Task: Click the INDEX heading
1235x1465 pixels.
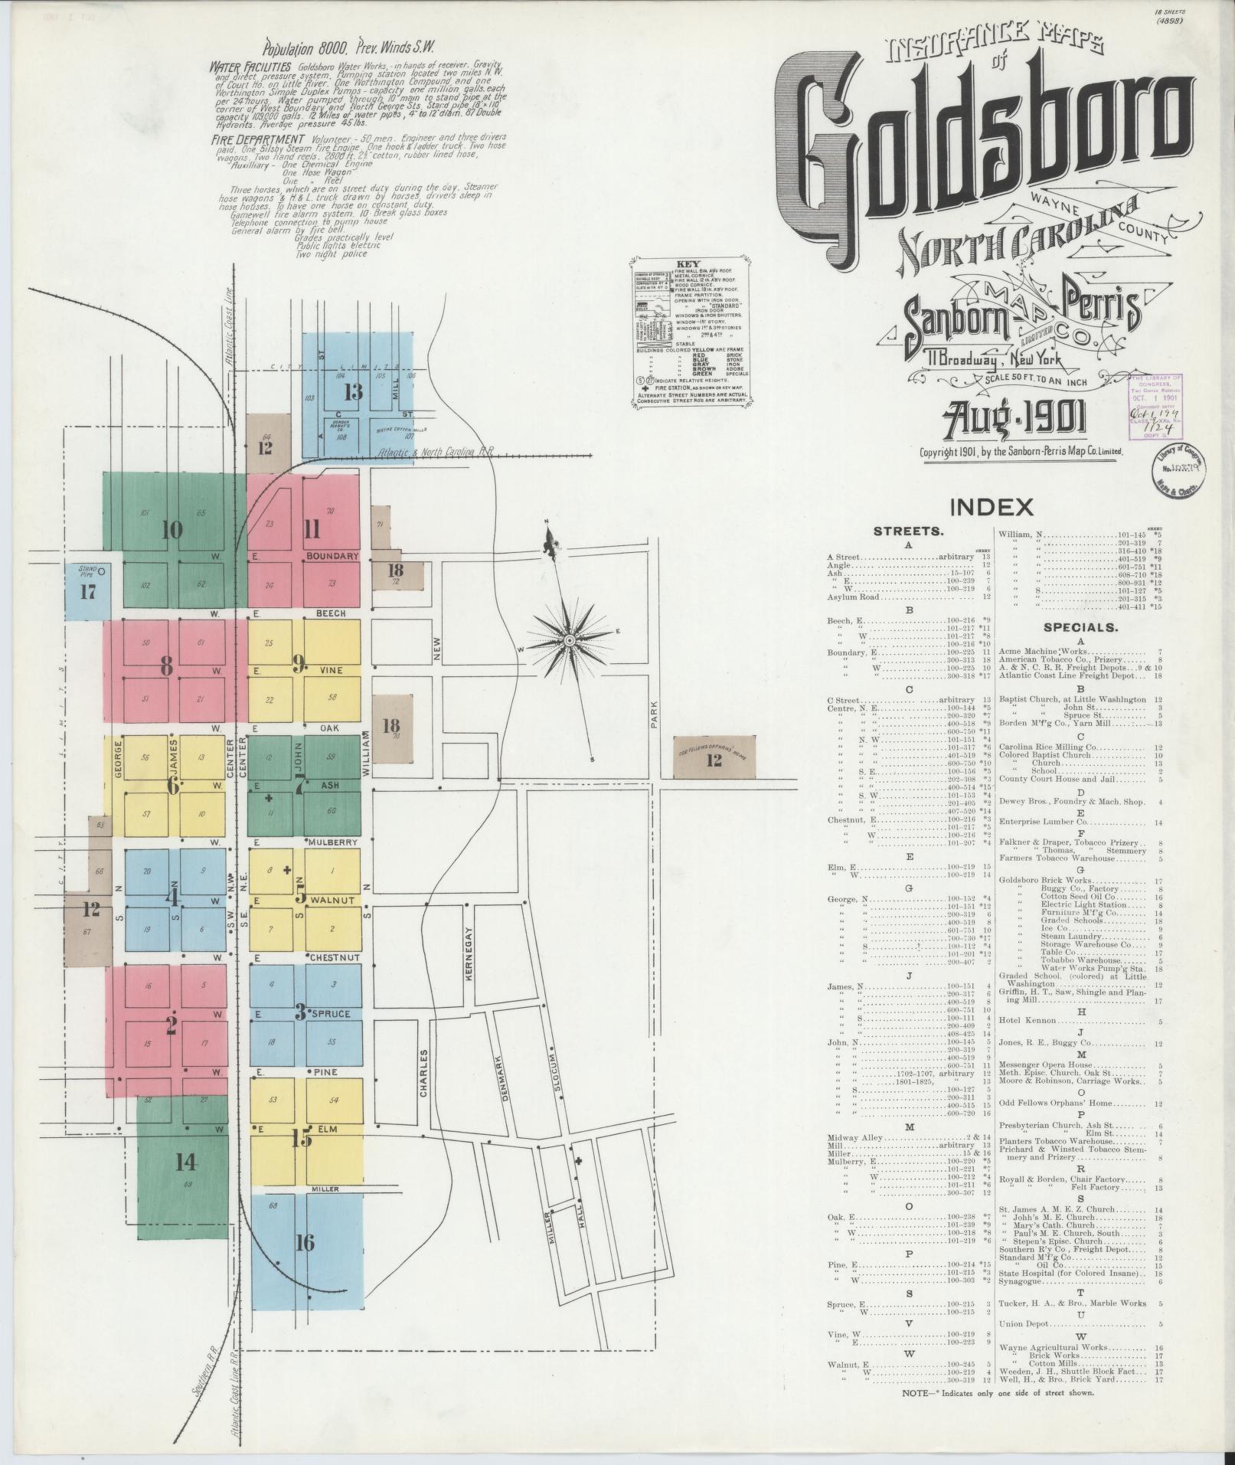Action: (992, 506)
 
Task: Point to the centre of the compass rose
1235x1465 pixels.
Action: (570, 639)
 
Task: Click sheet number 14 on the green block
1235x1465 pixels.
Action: (186, 1162)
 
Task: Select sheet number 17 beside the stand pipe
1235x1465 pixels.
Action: (88, 592)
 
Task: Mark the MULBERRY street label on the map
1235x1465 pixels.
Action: (334, 842)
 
